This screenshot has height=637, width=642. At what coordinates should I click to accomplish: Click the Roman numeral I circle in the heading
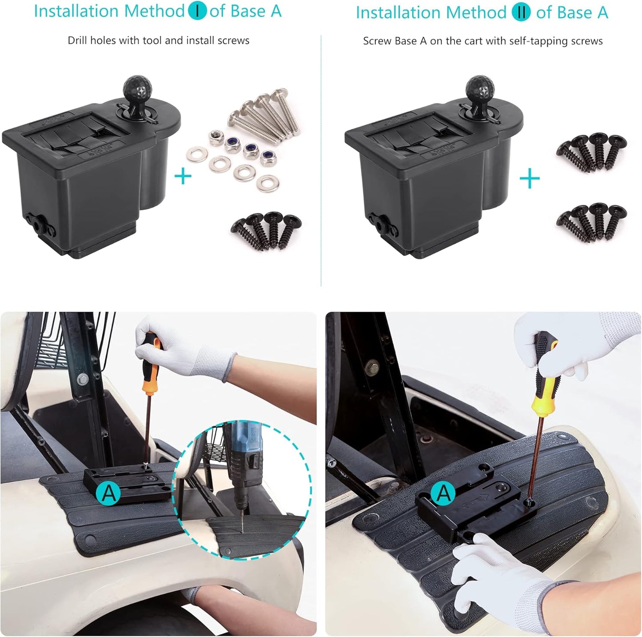[x=197, y=11]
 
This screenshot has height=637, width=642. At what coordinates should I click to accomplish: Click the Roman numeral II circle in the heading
[x=521, y=12]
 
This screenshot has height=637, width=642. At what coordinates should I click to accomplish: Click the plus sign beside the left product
[x=183, y=176]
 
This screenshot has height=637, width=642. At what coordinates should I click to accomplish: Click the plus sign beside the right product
[x=529, y=180]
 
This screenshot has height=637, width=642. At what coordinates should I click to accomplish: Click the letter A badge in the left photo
[x=108, y=493]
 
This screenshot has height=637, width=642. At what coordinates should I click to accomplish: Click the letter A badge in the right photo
[x=443, y=493]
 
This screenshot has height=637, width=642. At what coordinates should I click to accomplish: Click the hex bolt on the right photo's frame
[x=372, y=367]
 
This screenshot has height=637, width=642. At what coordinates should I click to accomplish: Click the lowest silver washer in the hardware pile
[x=267, y=183]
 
